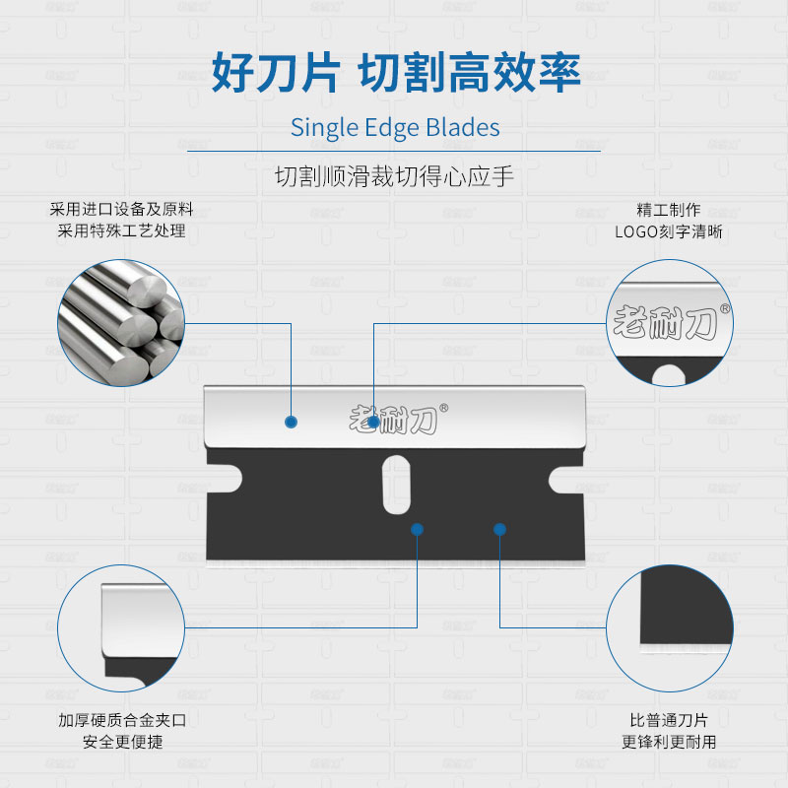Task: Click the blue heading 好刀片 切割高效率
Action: [x=394, y=71]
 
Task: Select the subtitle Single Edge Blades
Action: [x=394, y=128]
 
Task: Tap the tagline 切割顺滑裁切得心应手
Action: [x=394, y=178]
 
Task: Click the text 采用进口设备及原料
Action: [x=121, y=210]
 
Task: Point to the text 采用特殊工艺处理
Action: [x=121, y=231]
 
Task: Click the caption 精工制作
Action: [x=669, y=210]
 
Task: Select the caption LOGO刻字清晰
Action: [x=669, y=232]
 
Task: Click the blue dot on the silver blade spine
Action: [x=291, y=422]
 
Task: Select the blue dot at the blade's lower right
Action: [x=499, y=529]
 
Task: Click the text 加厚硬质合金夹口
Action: [x=121, y=720]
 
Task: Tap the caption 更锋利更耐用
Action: [x=669, y=742]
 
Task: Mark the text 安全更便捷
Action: [x=121, y=742]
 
